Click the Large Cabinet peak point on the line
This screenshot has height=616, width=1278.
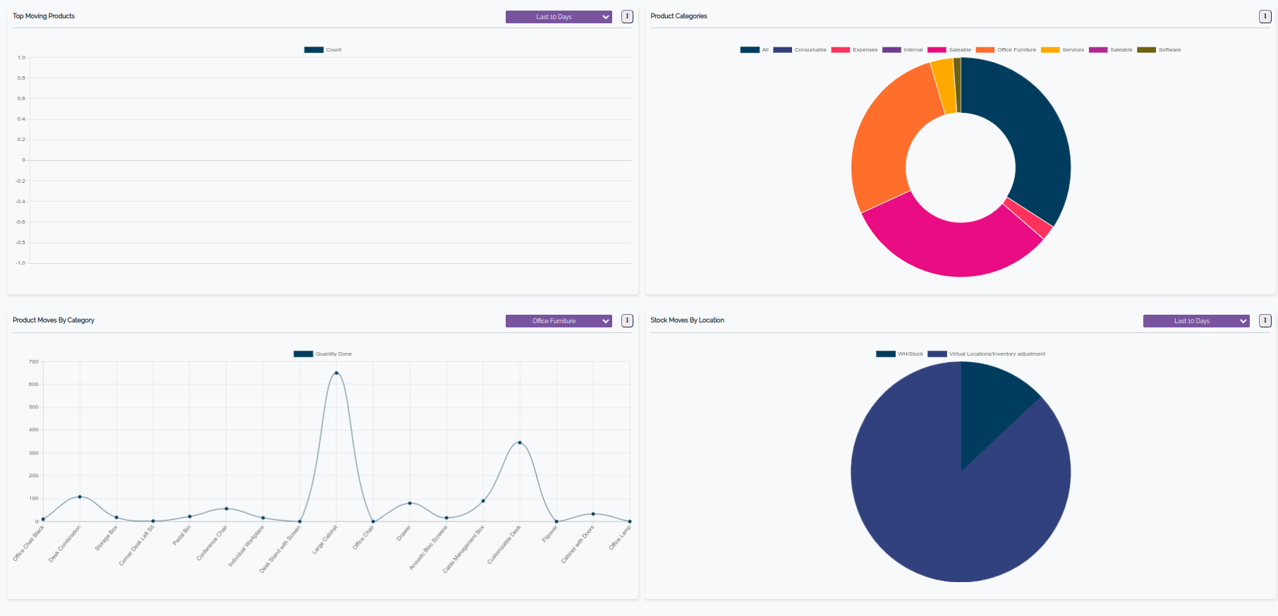336,373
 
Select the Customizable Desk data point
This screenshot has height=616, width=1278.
520,443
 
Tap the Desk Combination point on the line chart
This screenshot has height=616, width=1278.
80,497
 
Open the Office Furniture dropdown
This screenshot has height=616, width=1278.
559,321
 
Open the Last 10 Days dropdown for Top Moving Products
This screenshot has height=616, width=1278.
559,17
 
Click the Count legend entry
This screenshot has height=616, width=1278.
323,50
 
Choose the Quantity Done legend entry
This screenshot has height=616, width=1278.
323,354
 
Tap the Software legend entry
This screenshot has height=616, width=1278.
1159,50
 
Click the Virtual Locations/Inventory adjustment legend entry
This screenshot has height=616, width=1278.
987,354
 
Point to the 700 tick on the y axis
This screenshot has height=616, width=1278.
34,362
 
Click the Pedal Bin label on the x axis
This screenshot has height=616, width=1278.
182,536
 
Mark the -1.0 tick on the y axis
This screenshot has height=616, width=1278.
20,263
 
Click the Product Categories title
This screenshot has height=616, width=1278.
678,16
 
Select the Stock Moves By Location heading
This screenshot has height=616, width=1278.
687,320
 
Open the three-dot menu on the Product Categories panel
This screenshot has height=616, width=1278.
1265,17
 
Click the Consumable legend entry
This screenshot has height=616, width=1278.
800,50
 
